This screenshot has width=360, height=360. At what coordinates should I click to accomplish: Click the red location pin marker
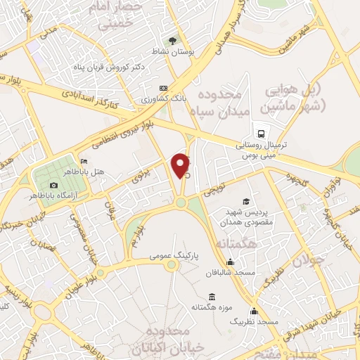pos(181,165)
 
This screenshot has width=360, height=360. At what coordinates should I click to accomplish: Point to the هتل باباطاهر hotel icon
pos(84,161)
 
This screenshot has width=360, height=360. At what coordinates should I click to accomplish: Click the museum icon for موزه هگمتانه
pos(211,297)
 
